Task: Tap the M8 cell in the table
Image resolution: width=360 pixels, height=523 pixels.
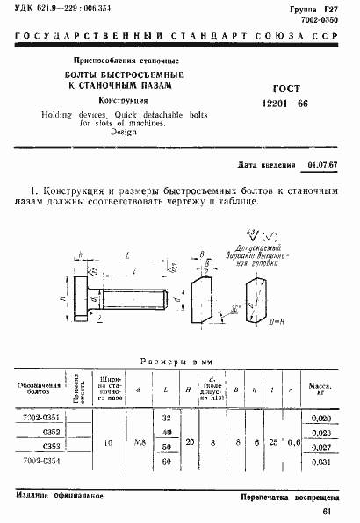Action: tap(139, 441)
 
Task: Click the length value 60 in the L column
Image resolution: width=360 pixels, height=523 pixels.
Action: tap(166, 461)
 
